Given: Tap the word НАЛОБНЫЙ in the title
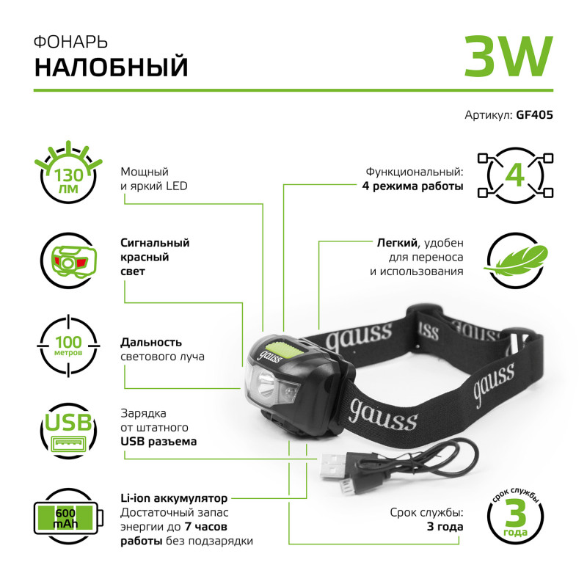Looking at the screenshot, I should pyautogui.click(x=112, y=67).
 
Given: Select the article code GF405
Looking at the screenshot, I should pyautogui.click(x=534, y=114).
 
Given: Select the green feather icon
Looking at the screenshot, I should pyautogui.click(x=518, y=259).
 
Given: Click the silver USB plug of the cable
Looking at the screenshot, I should pyautogui.click(x=335, y=467).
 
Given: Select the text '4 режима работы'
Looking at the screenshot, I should pyautogui.click(x=412, y=186).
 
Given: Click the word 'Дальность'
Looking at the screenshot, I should pyautogui.click(x=151, y=343).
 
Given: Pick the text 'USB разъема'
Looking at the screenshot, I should pyautogui.click(x=158, y=442).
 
